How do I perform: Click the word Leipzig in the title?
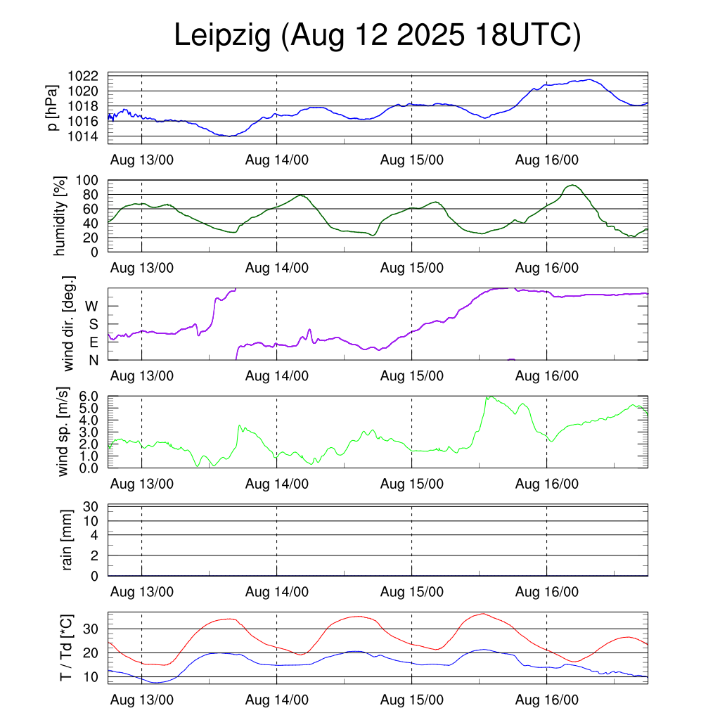click(222, 37)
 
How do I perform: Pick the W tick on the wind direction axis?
click(92, 306)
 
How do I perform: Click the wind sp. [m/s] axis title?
click(64, 432)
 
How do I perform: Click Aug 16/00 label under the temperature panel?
click(547, 700)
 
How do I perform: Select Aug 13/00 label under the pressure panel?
click(142, 160)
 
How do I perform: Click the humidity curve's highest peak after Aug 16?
click(574, 185)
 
